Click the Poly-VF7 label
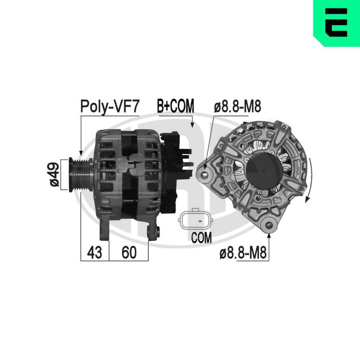109,107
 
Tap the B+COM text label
175,106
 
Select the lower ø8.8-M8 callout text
243,253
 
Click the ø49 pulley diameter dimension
54,174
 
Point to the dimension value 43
95,253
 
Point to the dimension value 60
129,253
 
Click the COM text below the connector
201,238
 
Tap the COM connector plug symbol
195,220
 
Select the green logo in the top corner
337,23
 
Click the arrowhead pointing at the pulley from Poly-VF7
81,153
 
